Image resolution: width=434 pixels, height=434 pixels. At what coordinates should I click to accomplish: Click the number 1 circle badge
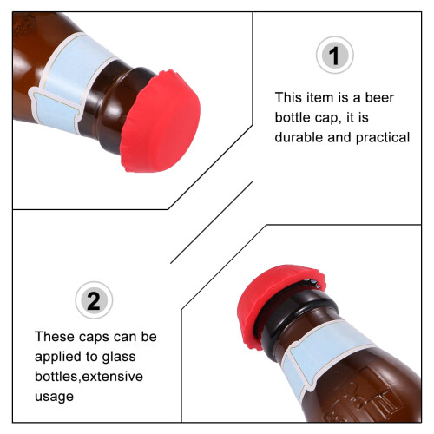click(x=335, y=55)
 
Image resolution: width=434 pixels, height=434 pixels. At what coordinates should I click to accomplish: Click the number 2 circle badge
click(x=94, y=300)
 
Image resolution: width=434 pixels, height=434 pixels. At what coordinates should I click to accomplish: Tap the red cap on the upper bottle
click(x=161, y=122)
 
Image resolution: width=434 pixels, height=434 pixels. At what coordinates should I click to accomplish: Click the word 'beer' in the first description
click(x=379, y=98)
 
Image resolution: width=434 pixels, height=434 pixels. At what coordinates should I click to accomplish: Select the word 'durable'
click(x=299, y=137)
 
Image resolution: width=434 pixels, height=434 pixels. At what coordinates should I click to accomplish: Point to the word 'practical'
click(x=383, y=138)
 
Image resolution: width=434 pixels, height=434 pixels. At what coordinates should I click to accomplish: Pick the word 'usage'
click(x=54, y=397)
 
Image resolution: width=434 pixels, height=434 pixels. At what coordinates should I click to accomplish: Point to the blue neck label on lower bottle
click(x=324, y=356)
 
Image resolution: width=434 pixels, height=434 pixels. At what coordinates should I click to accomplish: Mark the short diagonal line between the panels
click(x=212, y=222)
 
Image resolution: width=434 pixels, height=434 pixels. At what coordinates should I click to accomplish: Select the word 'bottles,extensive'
click(x=89, y=377)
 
